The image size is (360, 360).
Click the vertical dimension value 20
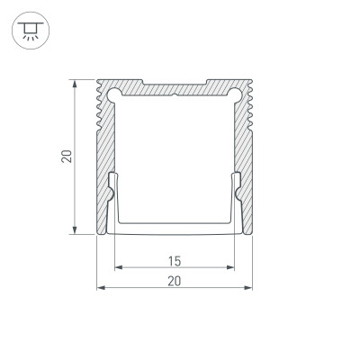click(66, 157)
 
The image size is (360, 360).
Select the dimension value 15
click(174, 261)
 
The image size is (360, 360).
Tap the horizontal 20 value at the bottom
click(174, 282)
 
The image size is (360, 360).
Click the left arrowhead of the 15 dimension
click(117, 268)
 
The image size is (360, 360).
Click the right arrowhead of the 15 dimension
click(231, 268)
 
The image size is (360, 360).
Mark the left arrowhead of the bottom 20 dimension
click(99, 289)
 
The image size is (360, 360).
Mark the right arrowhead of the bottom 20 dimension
click(248, 289)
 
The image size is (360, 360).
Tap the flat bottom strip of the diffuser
click(174, 229)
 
